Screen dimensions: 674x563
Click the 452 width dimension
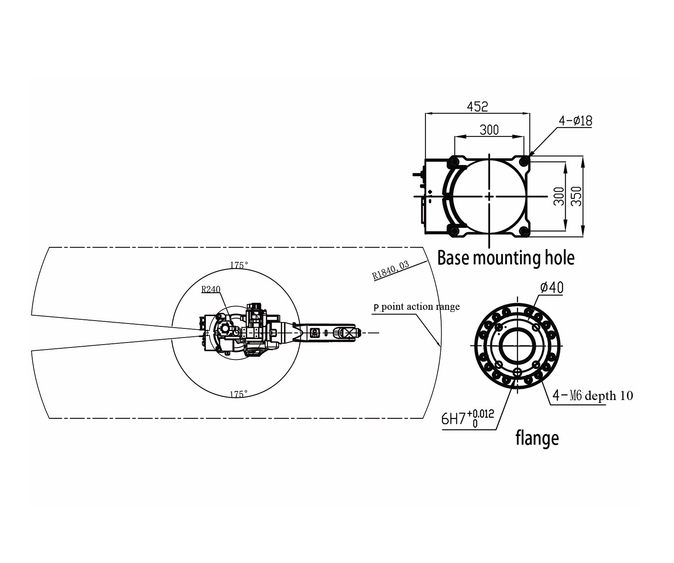(478, 106)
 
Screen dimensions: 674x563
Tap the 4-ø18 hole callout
(576, 121)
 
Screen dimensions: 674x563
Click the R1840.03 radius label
(390, 271)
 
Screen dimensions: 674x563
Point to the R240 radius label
(211, 289)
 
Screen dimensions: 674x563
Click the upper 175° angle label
(239, 265)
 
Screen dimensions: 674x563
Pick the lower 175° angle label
(239, 394)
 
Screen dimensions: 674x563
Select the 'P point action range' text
(416, 307)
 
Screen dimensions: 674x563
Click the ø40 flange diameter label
(552, 287)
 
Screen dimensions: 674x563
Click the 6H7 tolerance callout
(468, 419)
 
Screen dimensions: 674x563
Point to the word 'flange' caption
(537, 438)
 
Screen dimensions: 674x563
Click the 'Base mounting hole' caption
(506, 258)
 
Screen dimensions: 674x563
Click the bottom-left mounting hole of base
(454, 231)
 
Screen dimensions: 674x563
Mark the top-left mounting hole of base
(454, 161)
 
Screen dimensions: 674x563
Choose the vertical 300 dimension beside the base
(559, 196)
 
